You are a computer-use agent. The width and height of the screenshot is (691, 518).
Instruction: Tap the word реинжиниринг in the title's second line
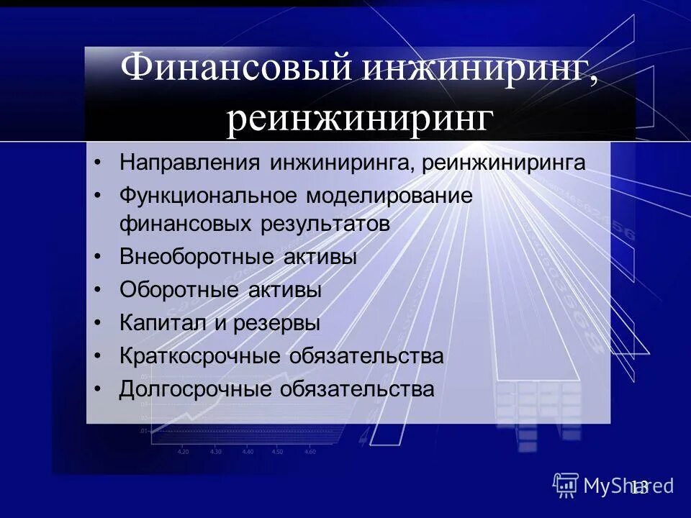361,119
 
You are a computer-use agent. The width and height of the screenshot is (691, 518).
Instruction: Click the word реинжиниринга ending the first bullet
504,162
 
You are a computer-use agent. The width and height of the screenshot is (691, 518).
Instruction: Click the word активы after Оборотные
286,290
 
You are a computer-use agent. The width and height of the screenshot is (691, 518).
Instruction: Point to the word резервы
276,323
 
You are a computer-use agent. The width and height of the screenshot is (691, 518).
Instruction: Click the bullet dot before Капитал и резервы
99,324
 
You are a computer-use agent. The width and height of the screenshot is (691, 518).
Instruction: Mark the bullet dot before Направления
99,163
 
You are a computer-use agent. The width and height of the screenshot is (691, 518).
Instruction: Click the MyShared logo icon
566,485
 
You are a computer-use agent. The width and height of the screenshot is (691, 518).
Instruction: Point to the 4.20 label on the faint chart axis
183,451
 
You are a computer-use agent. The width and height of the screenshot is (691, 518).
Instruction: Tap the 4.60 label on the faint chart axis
310,451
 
